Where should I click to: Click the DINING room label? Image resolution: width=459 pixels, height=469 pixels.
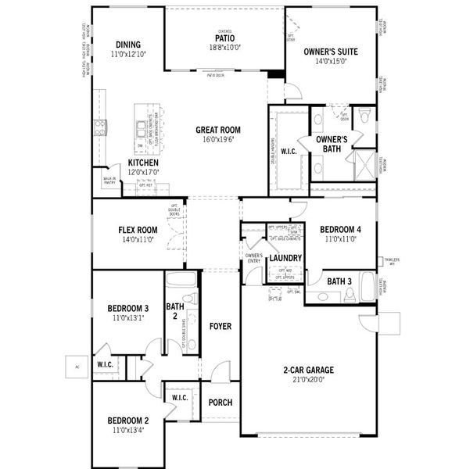point(128,45)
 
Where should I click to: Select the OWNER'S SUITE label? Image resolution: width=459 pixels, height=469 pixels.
point(330,52)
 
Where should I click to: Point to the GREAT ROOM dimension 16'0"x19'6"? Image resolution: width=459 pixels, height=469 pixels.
point(217,140)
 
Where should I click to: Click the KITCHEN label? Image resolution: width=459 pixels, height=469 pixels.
point(143,163)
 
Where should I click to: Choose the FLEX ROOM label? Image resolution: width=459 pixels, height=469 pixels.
point(138,230)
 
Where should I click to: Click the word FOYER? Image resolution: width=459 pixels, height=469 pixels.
point(221,326)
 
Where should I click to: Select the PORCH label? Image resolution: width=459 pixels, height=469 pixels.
point(221,403)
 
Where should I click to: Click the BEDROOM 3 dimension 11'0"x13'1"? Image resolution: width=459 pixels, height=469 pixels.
point(127,318)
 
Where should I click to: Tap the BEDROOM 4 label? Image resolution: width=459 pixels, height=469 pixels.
point(340,229)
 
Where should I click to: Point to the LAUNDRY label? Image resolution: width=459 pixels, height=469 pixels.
point(285,258)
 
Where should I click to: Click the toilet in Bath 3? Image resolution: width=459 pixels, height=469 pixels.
point(351,295)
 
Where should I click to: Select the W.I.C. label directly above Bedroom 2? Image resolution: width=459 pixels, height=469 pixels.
point(179,398)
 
